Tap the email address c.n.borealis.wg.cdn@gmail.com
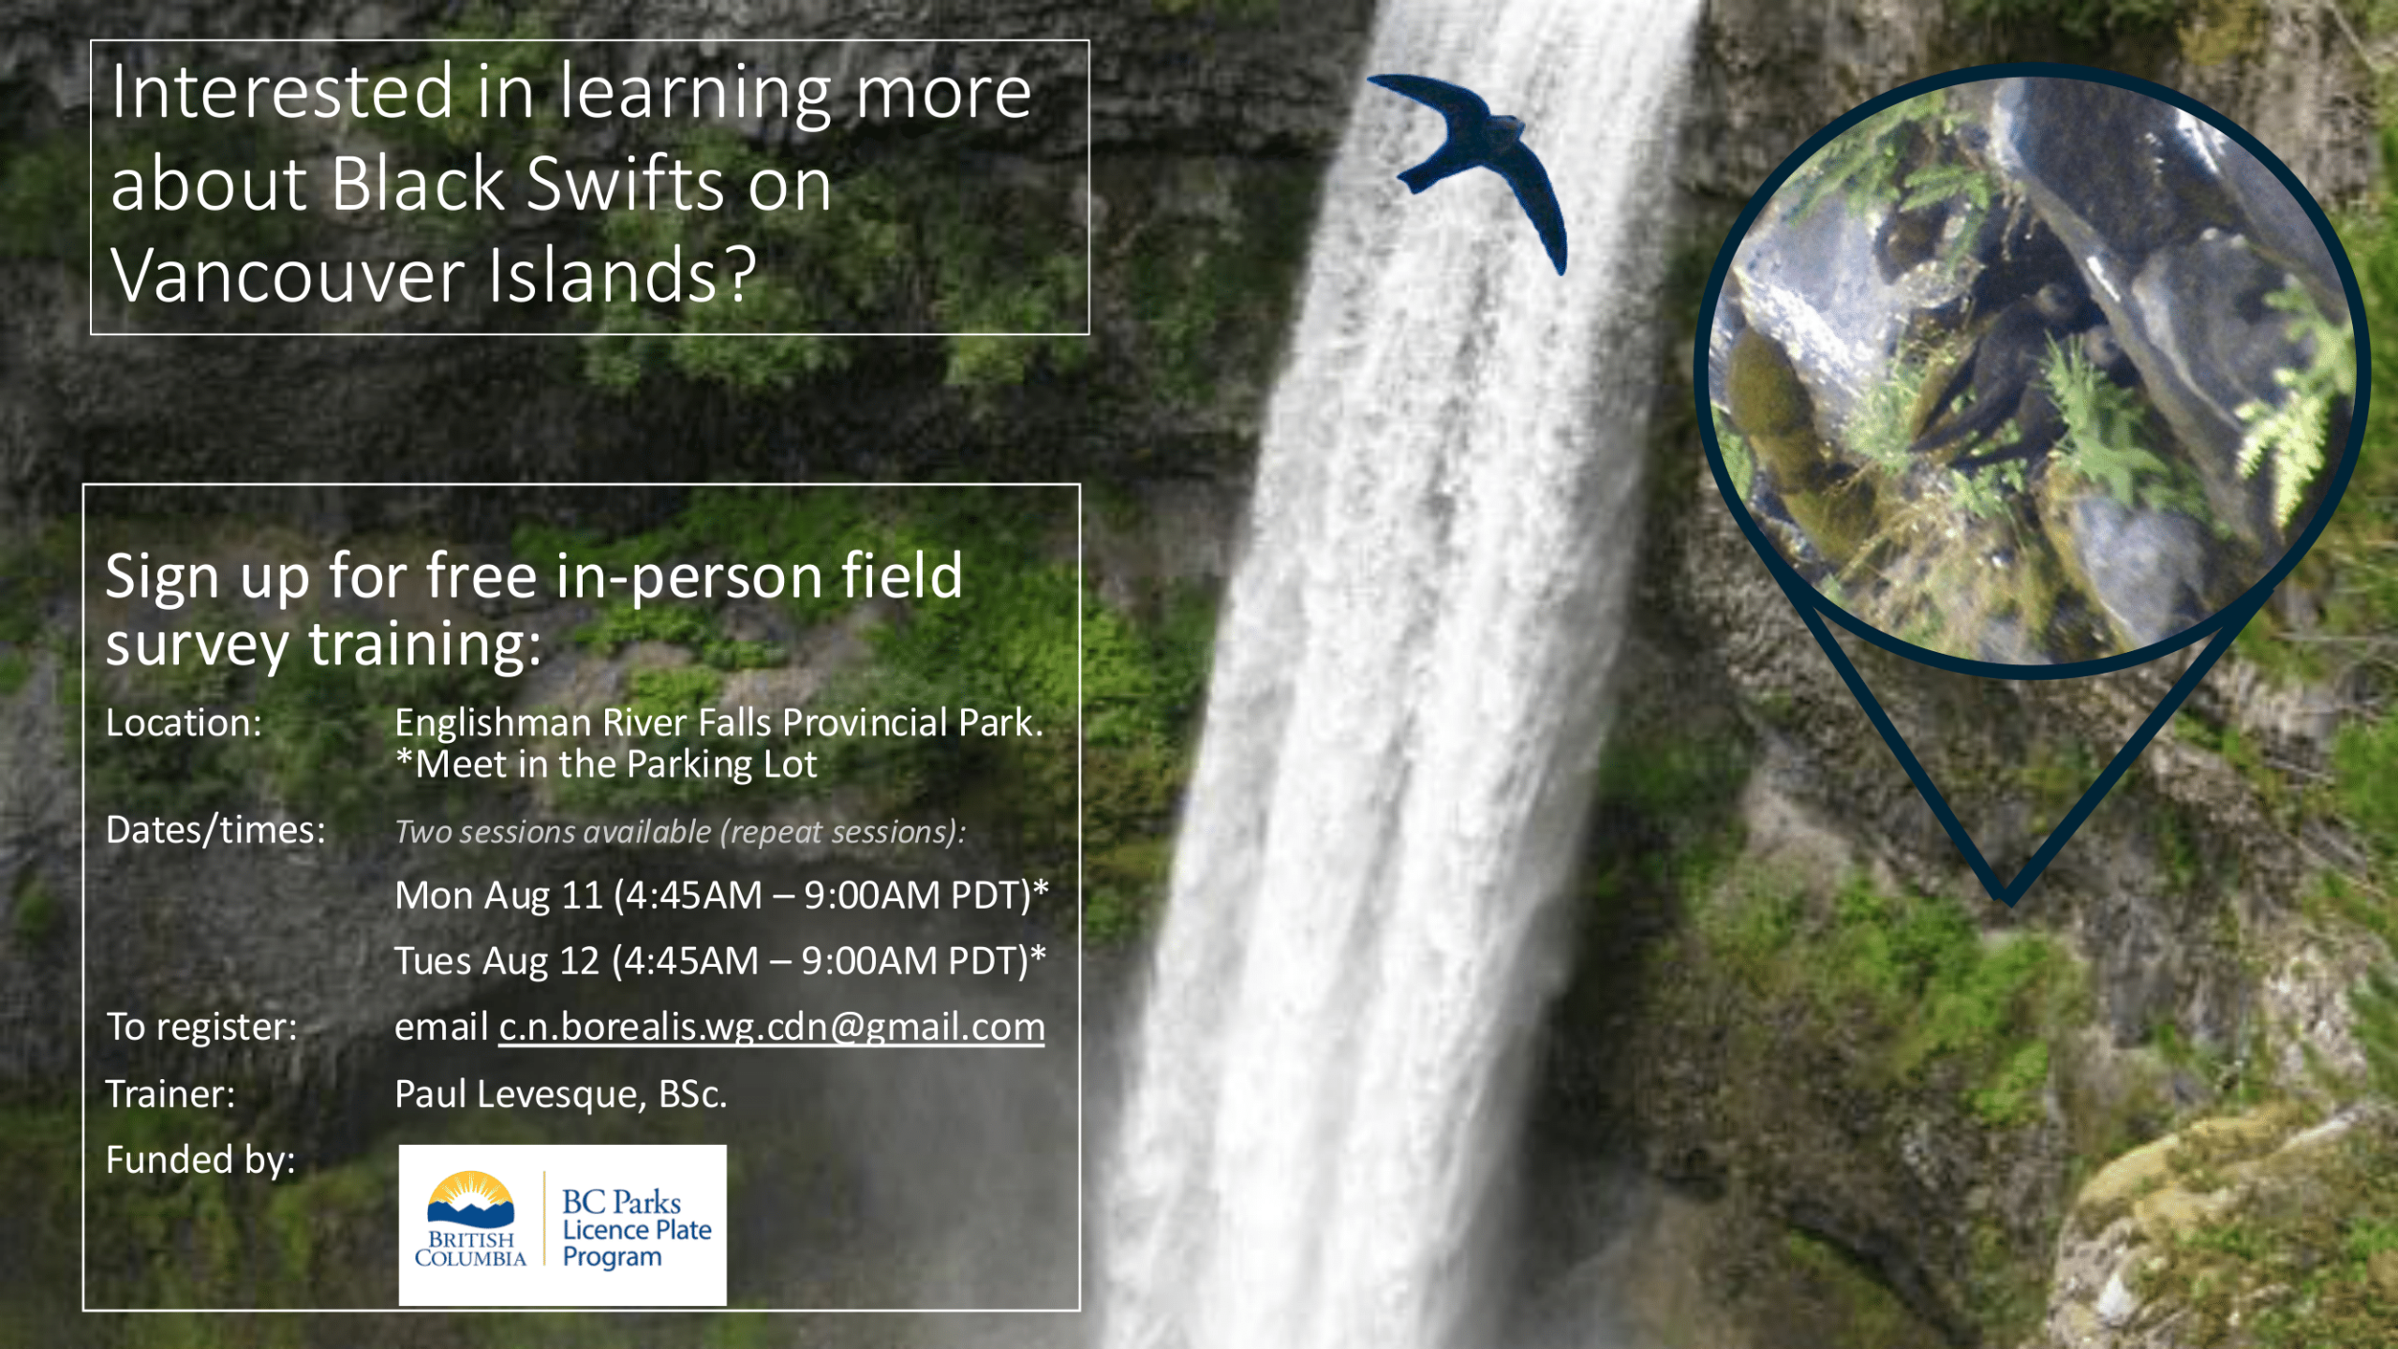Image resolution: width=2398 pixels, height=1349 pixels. pyautogui.click(x=771, y=1028)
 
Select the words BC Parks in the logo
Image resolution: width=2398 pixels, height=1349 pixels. pyautogui.click(x=621, y=1202)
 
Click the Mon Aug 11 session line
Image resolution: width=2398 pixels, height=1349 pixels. pyautogui.click(x=721, y=896)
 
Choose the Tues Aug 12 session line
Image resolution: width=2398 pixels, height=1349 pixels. pyautogui.click(x=719, y=961)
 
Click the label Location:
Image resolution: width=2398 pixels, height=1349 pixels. pyautogui.click(x=184, y=723)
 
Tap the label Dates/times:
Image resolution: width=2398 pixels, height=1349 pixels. pyautogui.click(x=215, y=831)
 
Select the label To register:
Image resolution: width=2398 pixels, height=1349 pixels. pyautogui.click(x=201, y=1028)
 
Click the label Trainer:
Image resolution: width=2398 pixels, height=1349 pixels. pyautogui.click(x=170, y=1094)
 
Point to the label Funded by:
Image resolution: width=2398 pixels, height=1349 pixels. pyautogui.click(x=200, y=1160)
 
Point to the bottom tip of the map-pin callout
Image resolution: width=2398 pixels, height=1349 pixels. pyautogui.click(x=2007, y=903)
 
